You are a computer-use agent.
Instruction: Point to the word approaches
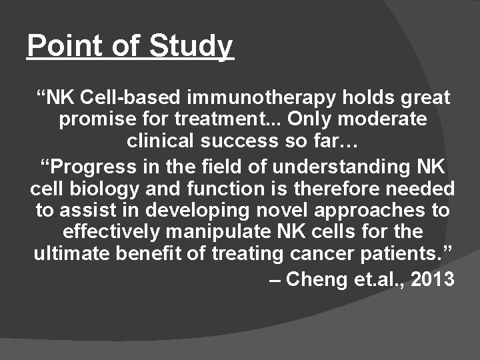click(359, 211)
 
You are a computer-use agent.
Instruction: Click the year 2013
click(433, 279)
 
